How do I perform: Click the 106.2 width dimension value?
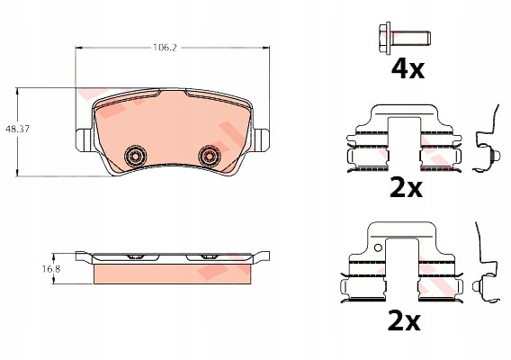(165, 48)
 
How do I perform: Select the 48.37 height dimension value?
(17, 129)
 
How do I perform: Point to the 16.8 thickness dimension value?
(51, 269)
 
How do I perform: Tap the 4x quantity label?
(408, 68)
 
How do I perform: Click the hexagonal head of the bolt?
(385, 38)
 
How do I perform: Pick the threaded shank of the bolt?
(410, 38)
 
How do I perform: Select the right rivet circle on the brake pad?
(209, 157)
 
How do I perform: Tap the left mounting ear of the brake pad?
(84, 140)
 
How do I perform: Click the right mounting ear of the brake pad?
(261, 140)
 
